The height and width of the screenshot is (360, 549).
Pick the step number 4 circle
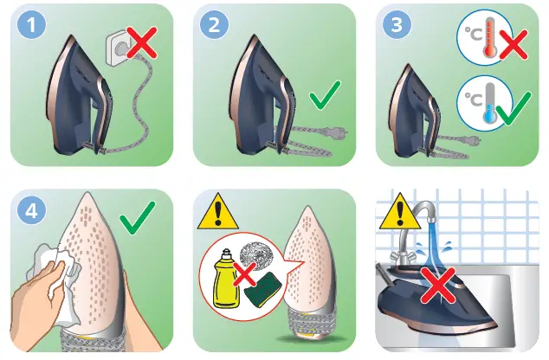pyautogui.click(x=32, y=211)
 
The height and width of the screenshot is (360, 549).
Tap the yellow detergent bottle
pyautogui.click(x=226, y=281)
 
